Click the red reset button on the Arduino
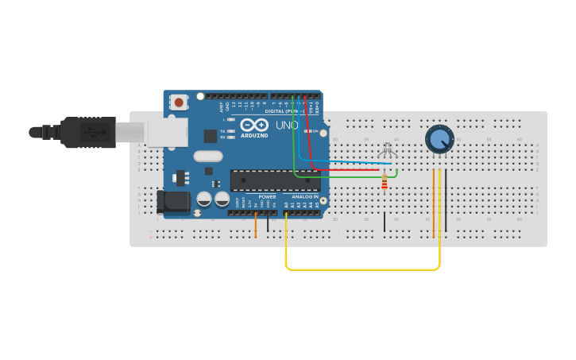[x=180, y=102]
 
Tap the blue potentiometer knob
[x=439, y=139]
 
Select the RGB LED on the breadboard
[x=388, y=149]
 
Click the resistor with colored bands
[x=385, y=184]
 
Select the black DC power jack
[x=173, y=203]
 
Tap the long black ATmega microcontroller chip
[x=275, y=180]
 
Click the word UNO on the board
[x=286, y=126]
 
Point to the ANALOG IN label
[x=304, y=196]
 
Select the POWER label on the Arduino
[x=267, y=196]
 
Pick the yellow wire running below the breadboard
[x=361, y=269]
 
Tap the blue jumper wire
[x=350, y=162]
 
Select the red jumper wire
[x=350, y=170]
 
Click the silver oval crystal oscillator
[x=207, y=157]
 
